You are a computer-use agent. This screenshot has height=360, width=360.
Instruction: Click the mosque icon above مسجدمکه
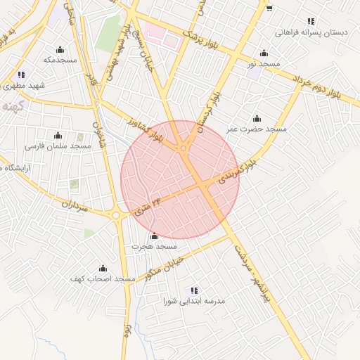coord(60,49)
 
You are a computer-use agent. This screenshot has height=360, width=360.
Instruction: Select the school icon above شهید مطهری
coord(22,75)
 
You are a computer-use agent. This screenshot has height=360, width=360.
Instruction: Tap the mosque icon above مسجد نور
coord(264,53)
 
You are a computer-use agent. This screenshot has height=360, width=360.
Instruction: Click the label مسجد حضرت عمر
coord(257,129)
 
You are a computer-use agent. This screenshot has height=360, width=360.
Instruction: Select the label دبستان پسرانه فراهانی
coord(309,32)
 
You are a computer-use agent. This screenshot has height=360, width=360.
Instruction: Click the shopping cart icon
coord(269,8)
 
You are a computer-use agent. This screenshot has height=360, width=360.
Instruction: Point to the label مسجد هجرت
coord(155,247)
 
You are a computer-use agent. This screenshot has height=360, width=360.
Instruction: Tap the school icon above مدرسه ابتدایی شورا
coord(194,290)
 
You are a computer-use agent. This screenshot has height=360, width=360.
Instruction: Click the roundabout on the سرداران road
coord(117,215)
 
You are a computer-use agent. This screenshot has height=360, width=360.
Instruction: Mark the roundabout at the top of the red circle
coord(184,148)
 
